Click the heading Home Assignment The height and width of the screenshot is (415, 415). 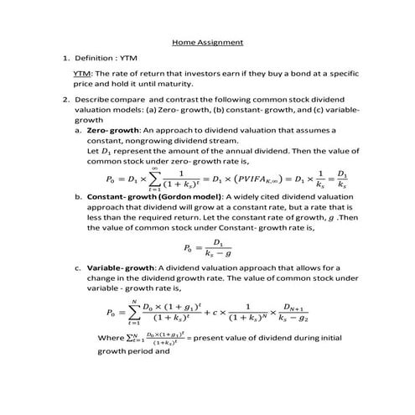(x=207, y=41)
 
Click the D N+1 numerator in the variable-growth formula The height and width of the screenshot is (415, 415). (x=298, y=307)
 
